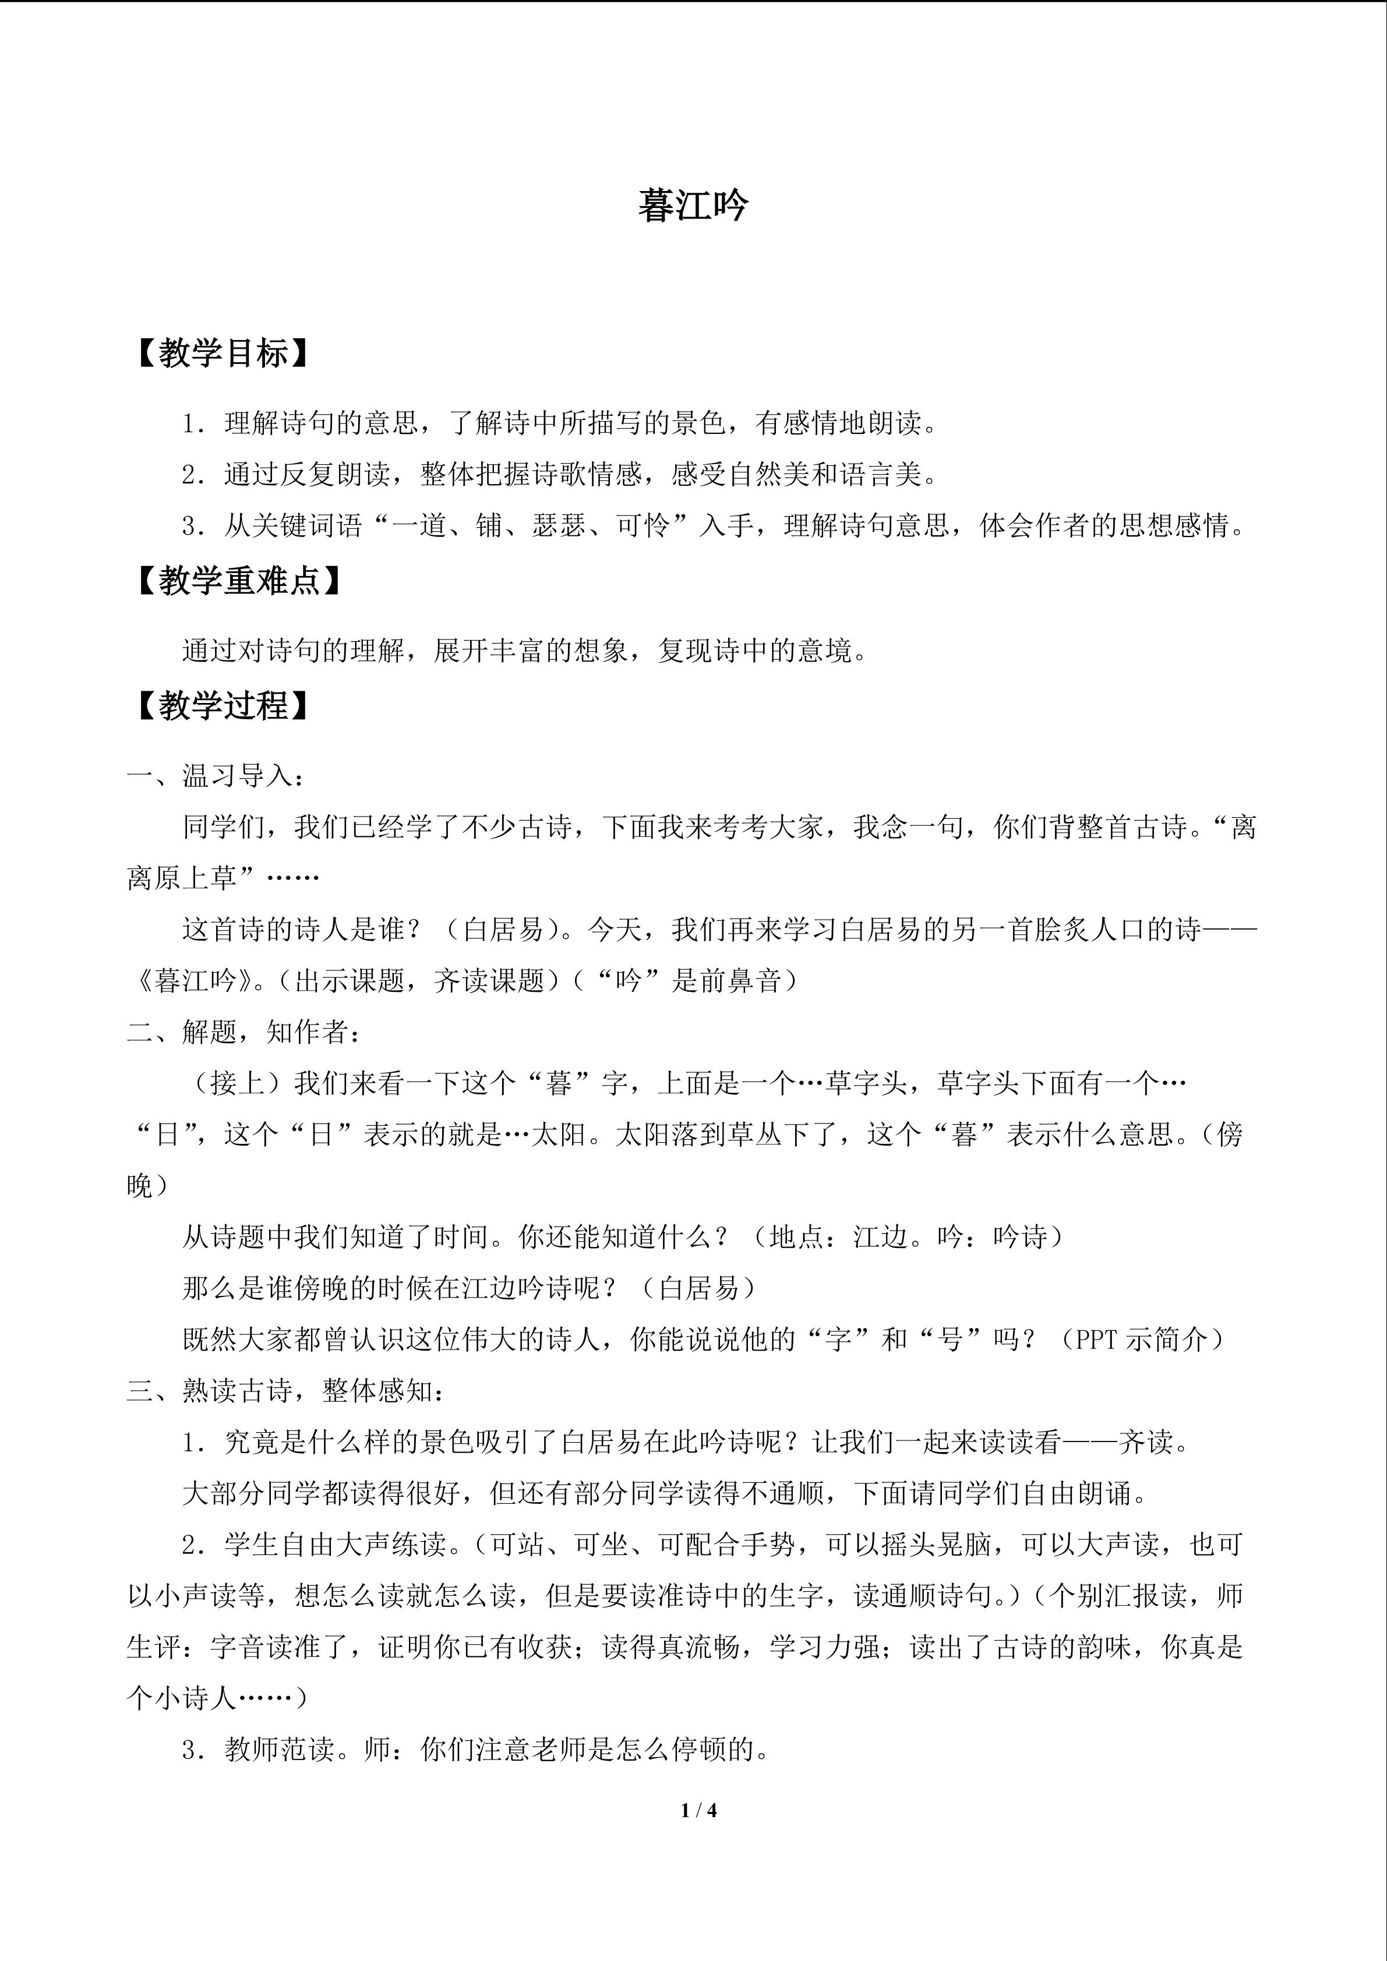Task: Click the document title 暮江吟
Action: click(x=693, y=206)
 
